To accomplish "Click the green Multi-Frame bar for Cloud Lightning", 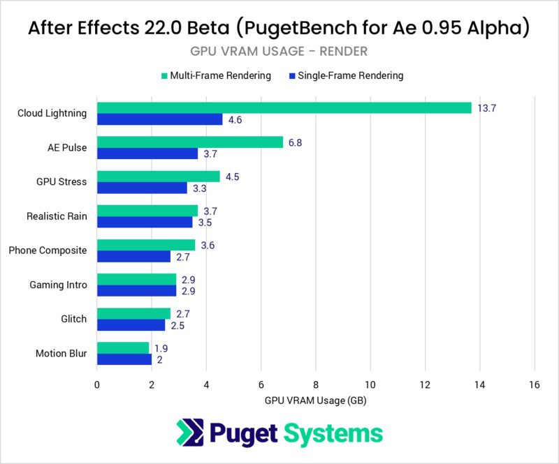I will (x=284, y=107).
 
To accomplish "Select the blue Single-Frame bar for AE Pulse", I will (x=147, y=154).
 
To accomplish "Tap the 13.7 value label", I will (x=487, y=107).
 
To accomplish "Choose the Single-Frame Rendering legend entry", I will (x=344, y=75).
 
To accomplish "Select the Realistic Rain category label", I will (x=57, y=216).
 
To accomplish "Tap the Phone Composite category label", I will (x=48, y=250).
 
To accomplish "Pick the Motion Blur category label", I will (x=61, y=353).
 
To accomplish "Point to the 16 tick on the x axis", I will (x=535, y=384).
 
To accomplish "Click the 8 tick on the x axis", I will (x=316, y=384).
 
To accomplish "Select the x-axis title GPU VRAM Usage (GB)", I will (x=316, y=401).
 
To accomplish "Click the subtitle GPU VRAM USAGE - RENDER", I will (x=279, y=51).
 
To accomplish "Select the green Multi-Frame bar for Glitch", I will (x=133, y=313).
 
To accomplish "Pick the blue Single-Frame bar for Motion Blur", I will (x=124, y=359).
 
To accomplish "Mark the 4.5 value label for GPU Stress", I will (x=231, y=177).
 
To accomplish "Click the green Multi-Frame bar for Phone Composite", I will (x=145, y=245).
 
